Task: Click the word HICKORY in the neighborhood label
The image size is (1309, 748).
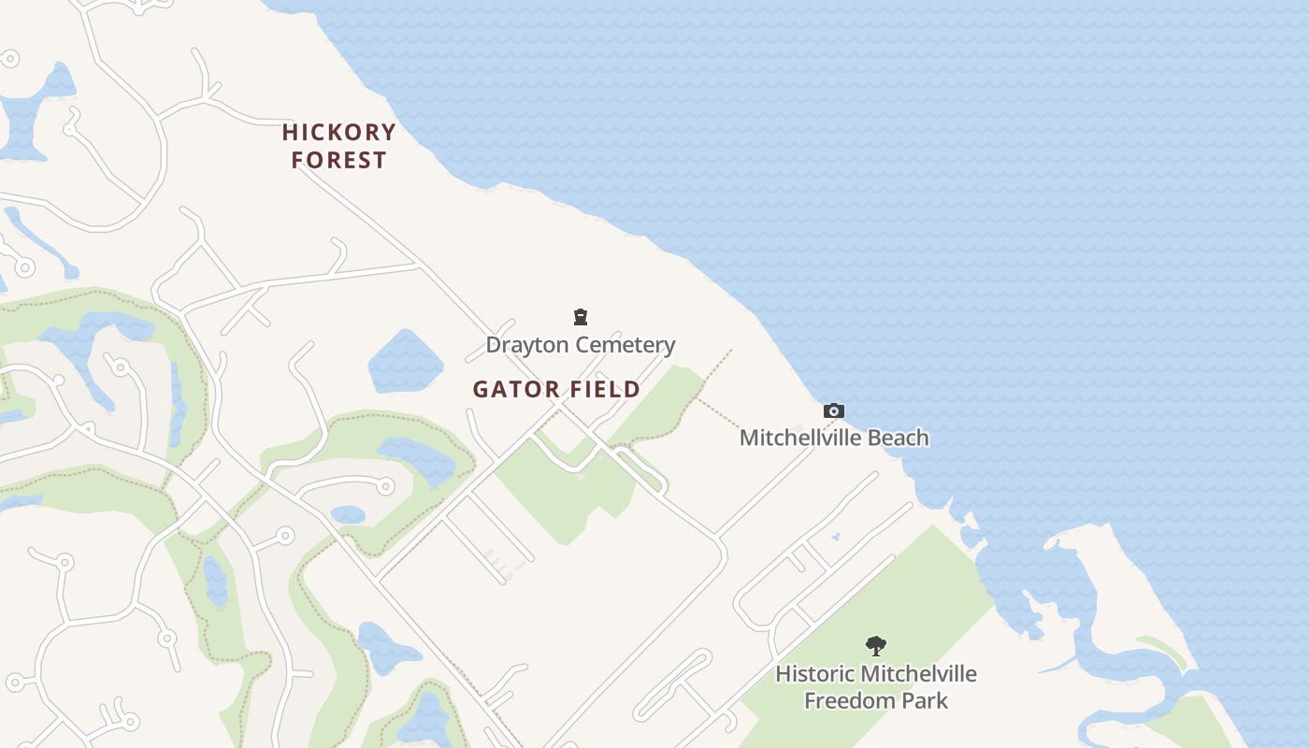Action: pyautogui.click(x=338, y=132)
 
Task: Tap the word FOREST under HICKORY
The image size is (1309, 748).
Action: pyautogui.click(x=338, y=160)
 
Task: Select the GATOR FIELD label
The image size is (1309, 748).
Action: pyautogui.click(x=556, y=389)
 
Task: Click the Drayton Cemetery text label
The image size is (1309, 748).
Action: pyautogui.click(x=580, y=344)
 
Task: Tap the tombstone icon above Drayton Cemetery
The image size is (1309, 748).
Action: pyautogui.click(x=581, y=317)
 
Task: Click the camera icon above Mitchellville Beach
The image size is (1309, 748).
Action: pyautogui.click(x=833, y=410)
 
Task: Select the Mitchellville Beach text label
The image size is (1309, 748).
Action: pyautogui.click(x=834, y=438)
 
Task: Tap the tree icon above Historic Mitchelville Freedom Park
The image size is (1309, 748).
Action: pyautogui.click(x=875, y=645)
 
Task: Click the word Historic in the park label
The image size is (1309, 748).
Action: pyautogui.click(x=815, y=673)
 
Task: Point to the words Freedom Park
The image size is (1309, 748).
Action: pyautogui.click(x=876, y=700)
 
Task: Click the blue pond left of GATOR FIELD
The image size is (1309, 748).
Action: pyautogui.click(x=405, y=362)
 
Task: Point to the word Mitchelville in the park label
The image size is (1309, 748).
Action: pyautogui.click(x=918, y=673)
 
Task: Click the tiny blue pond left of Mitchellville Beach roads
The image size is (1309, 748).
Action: pyautogui.click(x=835, y=537)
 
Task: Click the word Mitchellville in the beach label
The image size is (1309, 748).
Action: pyautogui.click(x=799, y=438)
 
